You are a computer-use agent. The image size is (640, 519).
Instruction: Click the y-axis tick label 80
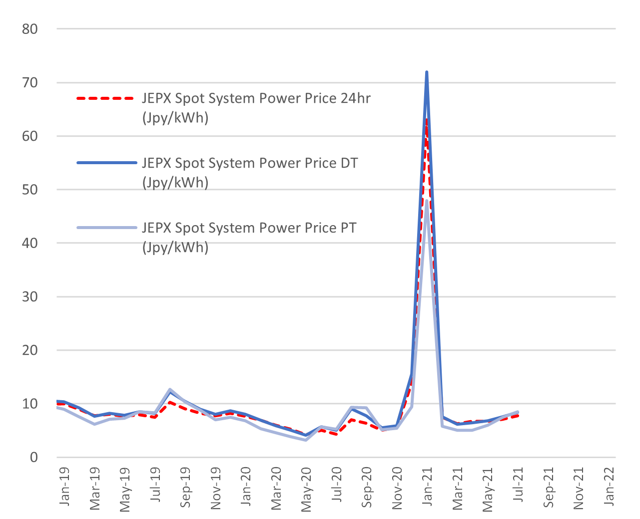(x=30, y=29)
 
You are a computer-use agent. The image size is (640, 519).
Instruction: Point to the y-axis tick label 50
(x=30, y=190)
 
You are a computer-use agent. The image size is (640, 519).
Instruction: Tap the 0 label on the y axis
(x=34, y=458)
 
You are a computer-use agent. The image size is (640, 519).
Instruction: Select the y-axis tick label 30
(x=30, y=297)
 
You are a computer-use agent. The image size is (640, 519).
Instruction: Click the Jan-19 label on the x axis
(x=64, y=487)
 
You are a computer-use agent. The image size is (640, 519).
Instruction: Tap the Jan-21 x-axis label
(x=427, y=487)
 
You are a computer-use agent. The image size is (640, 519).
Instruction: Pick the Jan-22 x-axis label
(x=609, y=487)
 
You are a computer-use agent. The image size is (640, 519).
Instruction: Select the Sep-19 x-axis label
(x=185, y=487)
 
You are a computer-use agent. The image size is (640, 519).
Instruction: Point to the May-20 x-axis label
(x=306, y=489)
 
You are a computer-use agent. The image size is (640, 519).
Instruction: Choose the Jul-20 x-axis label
(x=337, y=485)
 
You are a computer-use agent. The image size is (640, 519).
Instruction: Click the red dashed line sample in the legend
(x=105, y=98)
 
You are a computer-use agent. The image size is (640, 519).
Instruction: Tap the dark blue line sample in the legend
(x=107, y=163)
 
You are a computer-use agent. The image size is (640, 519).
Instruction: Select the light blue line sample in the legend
(x=107, y=228)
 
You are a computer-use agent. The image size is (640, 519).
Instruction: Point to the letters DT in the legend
(x=349, y=163)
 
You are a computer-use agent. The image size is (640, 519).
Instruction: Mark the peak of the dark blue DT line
(x=427, y=72)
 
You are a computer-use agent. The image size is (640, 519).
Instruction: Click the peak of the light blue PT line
(x=427, y=201)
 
